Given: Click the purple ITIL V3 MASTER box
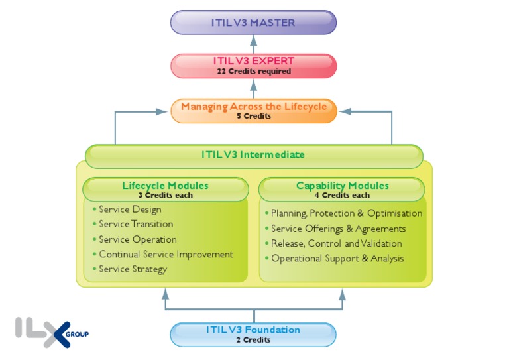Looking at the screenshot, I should [x=253, y=23].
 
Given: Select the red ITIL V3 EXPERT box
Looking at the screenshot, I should [x=253, y=66].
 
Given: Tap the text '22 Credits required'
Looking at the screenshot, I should [x=253, y=72].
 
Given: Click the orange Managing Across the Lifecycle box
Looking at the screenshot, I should [x=253, y=110].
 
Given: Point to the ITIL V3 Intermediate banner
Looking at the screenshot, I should [x=253, y=155].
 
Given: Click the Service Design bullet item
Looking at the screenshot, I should [x=130, y=210].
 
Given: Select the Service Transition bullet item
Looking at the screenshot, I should [x=136, y=224].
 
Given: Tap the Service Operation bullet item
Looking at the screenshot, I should [x=138, y=239].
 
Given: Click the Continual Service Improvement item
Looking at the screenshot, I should [x=166, y=254].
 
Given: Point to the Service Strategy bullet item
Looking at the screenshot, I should [x=133, y=269].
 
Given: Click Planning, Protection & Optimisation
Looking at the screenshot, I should [x=346, y=213].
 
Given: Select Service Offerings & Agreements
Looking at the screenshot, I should [x=338, y=229].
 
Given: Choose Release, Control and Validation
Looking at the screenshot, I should [x=336, y=243].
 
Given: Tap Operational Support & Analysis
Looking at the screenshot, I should [x=337, y=258].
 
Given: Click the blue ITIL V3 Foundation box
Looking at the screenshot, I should [x=253, y=333].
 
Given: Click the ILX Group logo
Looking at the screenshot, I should [x=52, y=331].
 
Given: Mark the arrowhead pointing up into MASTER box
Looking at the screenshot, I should [x=253, y=39].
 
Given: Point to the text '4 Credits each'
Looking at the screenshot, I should [x=342, y=195].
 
